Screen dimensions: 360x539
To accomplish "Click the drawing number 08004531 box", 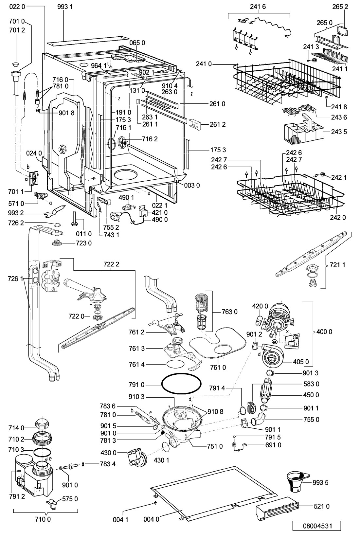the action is pyautogui.click(x=316, y=526).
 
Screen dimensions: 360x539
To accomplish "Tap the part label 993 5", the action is pyautogui.click(x=320, y=482).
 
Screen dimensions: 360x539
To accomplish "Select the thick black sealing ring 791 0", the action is pyautogui.click(x=181, y=384).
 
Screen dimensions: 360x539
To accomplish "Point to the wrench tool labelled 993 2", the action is pyautogui.click(x=55, y=210).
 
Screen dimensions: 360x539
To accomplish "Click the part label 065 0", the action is pyautogui.click(x=137, y=43).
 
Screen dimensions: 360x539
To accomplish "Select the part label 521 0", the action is pyautogui.click(x=321, y=507).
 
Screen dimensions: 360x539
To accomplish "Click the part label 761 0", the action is pyautogui.click(x=218, y=368).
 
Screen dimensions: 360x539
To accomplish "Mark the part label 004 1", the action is pyautogui.click(x=120, y=520).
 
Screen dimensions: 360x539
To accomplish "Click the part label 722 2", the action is pyautogui.click(x=111, y=264).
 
